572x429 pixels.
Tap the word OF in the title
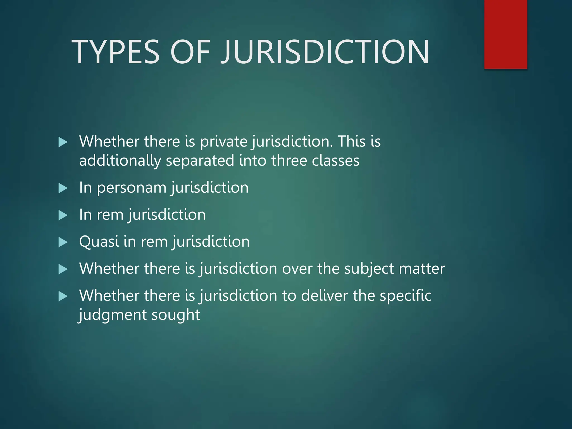pos(190,52)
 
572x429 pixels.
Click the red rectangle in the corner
pos(506,34)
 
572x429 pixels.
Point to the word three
pos(289,161)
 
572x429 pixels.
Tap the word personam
pos(132,188)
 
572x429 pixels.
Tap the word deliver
pos(324,295)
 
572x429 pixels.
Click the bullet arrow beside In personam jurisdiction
pos(63,188)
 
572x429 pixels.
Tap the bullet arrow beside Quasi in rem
pos(63,242)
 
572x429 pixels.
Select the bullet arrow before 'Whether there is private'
pos(63,142)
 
